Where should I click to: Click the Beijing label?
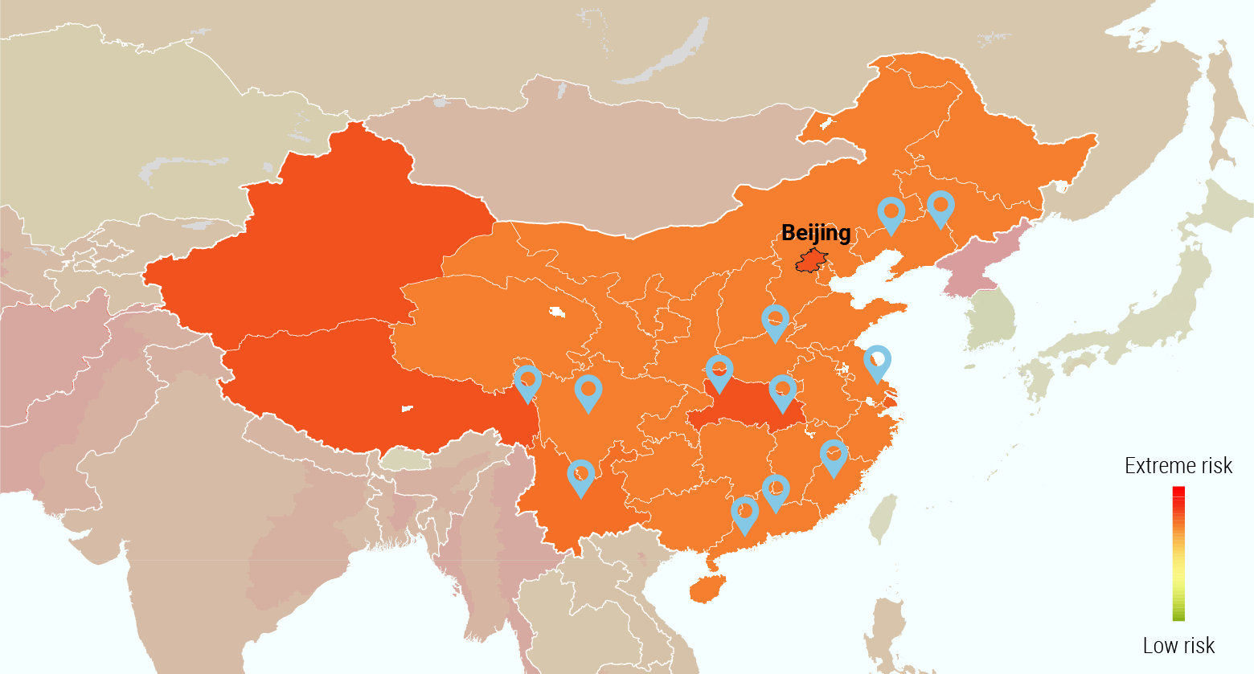pos(816,233)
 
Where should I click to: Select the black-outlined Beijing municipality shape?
pos(811,262)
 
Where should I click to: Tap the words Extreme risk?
pos(1178,466)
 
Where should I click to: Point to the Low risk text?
pos(1178,645)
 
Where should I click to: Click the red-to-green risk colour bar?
pos(1178,553)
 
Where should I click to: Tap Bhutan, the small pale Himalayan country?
pos(405,460)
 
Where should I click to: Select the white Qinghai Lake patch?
pos(555,312)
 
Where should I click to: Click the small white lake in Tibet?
pos(407,409)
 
